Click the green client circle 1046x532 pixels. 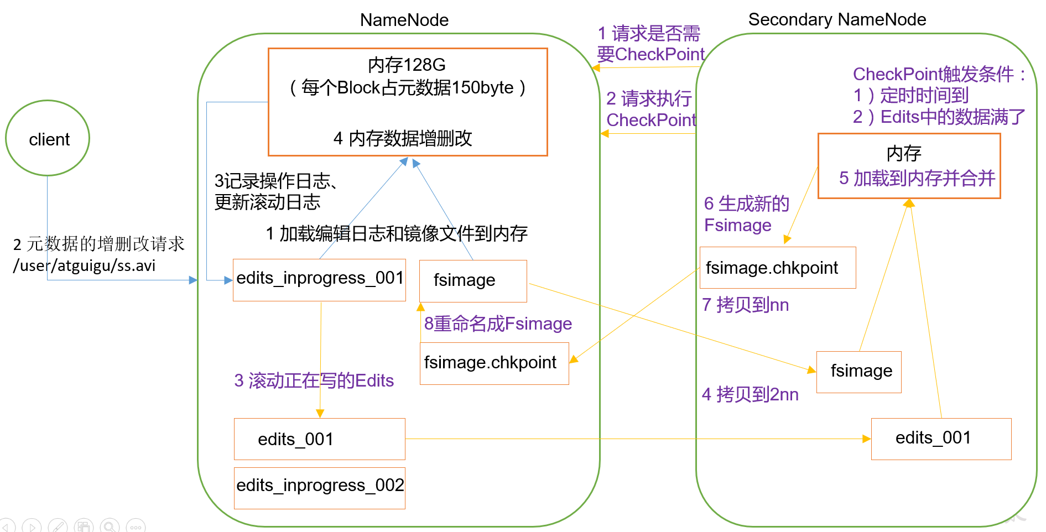pos(48,138)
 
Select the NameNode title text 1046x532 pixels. pos(404,20)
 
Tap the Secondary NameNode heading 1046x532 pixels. pos(836,19)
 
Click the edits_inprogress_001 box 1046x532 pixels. pos(319,279)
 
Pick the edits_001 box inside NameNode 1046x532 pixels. pos(319,439)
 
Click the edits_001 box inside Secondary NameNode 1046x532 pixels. pos(940,439)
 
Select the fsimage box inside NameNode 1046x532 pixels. pos(473,280)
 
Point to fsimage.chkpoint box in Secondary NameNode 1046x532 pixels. pos(777,268)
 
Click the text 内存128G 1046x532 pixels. pos(407,65)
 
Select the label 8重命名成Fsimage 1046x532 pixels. pos(497,324)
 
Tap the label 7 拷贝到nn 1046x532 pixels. pos(745,305)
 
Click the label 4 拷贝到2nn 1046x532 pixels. pos(750,394)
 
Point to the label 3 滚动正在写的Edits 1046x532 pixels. pos(314,380)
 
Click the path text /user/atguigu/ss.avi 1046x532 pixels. pos(84,266)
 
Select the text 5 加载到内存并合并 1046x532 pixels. pos(917,178)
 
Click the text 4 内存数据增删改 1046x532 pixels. pos(402,138)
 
